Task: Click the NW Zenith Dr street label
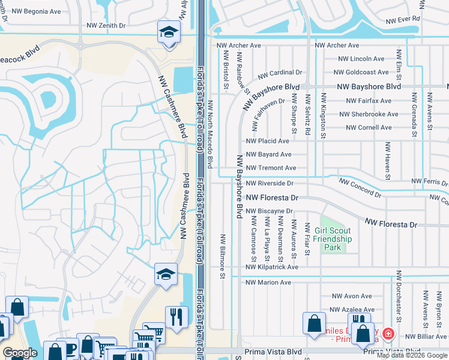coord(106,26)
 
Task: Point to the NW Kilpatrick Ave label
coord(272,267)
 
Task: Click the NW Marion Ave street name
coord(268,282)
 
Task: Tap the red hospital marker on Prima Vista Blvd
coord(388,333)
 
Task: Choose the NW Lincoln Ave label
coord(361,59)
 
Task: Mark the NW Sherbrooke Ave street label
coord(367,114)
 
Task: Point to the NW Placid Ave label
coord(268,141)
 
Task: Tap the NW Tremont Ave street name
coord(271,168)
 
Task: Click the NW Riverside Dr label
coord(270,183)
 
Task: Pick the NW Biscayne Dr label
coord(269,211)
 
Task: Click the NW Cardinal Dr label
coord(280,73)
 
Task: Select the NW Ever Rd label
coord(403,19)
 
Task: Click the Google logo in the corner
coord(20,353)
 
